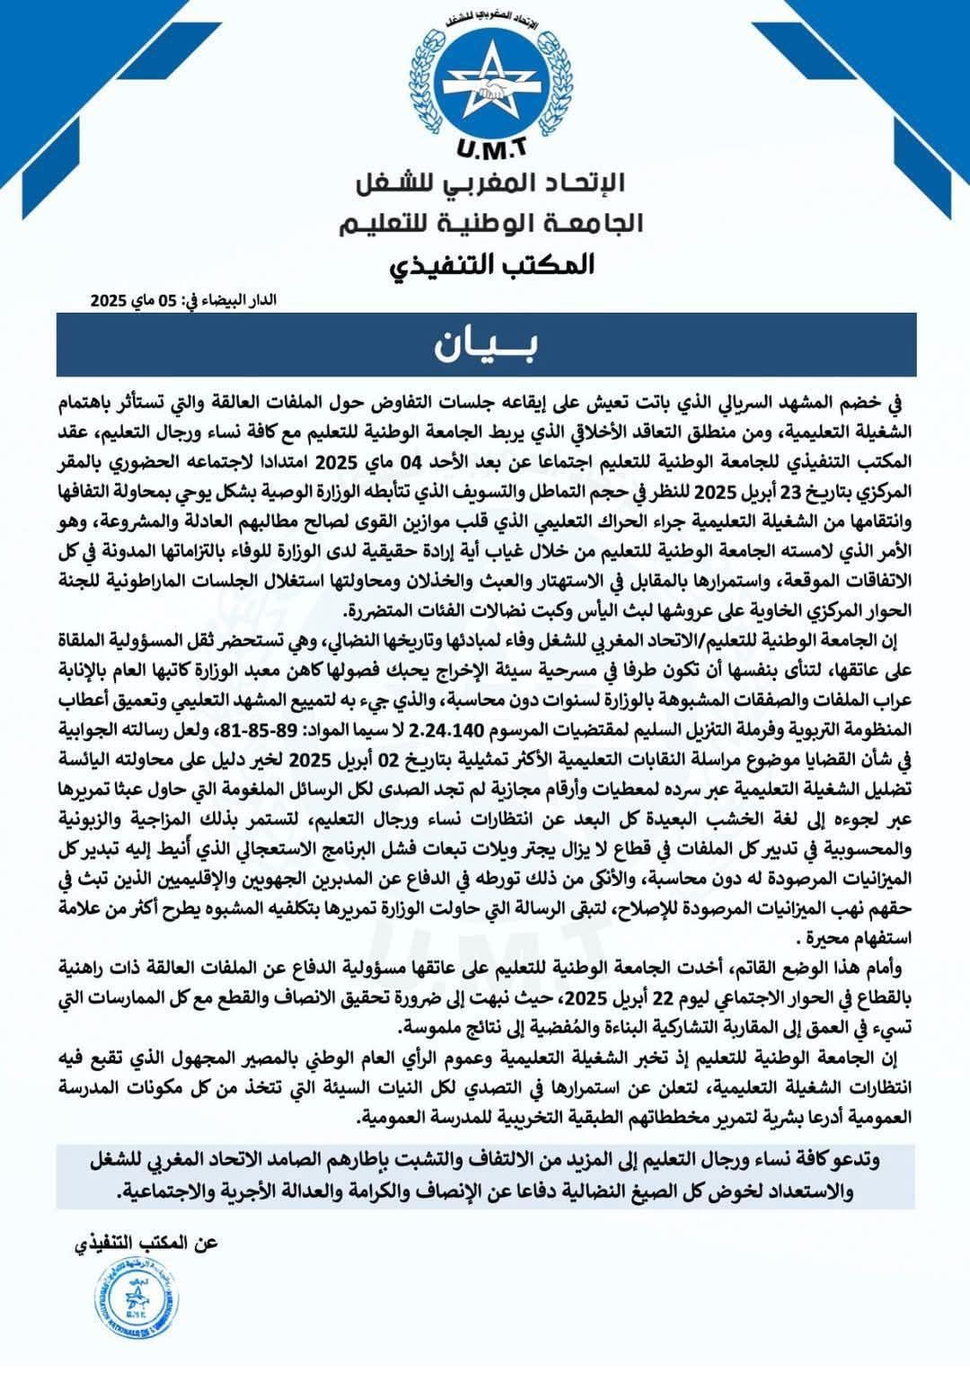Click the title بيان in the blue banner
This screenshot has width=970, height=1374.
click(486, 345)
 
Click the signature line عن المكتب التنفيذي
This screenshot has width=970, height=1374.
click(144, 1245)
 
